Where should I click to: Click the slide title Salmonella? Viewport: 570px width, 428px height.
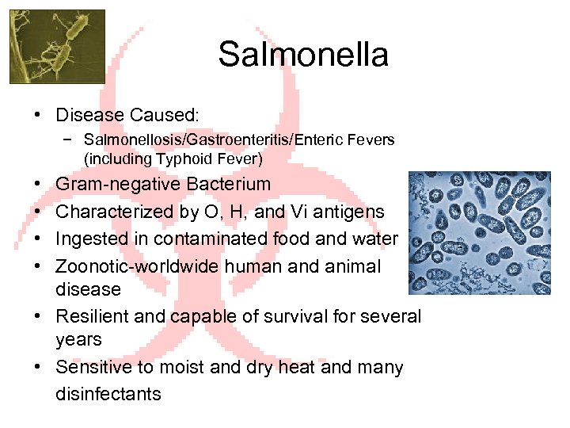303,55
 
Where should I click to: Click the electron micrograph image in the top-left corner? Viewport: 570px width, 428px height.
57,46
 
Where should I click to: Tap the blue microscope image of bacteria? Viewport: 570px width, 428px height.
484,233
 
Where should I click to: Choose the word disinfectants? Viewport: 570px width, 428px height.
108,393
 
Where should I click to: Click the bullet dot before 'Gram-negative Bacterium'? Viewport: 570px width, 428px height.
40,185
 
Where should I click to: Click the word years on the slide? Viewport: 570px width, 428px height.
78,340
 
